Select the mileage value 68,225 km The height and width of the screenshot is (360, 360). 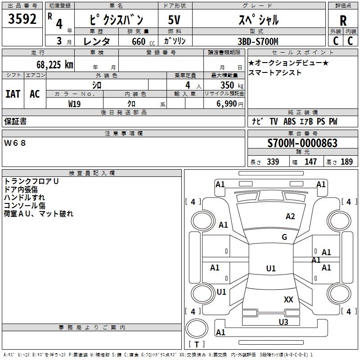coord(54,65)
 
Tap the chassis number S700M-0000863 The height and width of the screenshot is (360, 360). coord(302,144)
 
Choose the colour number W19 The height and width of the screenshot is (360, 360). coord(74,103)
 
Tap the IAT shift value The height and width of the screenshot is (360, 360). coord(13,94)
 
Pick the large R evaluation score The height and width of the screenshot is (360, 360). coord(343,21)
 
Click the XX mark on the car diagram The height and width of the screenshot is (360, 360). coord(288,299)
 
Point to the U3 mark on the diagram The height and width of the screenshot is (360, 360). coord(283,322)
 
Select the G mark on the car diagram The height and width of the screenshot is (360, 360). coord(284,237)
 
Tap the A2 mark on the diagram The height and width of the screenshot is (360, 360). coord(290,216)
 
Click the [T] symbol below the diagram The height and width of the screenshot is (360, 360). coord(196,344)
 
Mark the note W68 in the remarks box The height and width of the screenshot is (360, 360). coord(15,143)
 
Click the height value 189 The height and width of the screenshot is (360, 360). coord(347,162)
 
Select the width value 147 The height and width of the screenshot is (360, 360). coord(310,162)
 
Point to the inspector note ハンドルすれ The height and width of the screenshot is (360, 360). coord(24,198)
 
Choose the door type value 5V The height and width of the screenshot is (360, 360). coord(174,20)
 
